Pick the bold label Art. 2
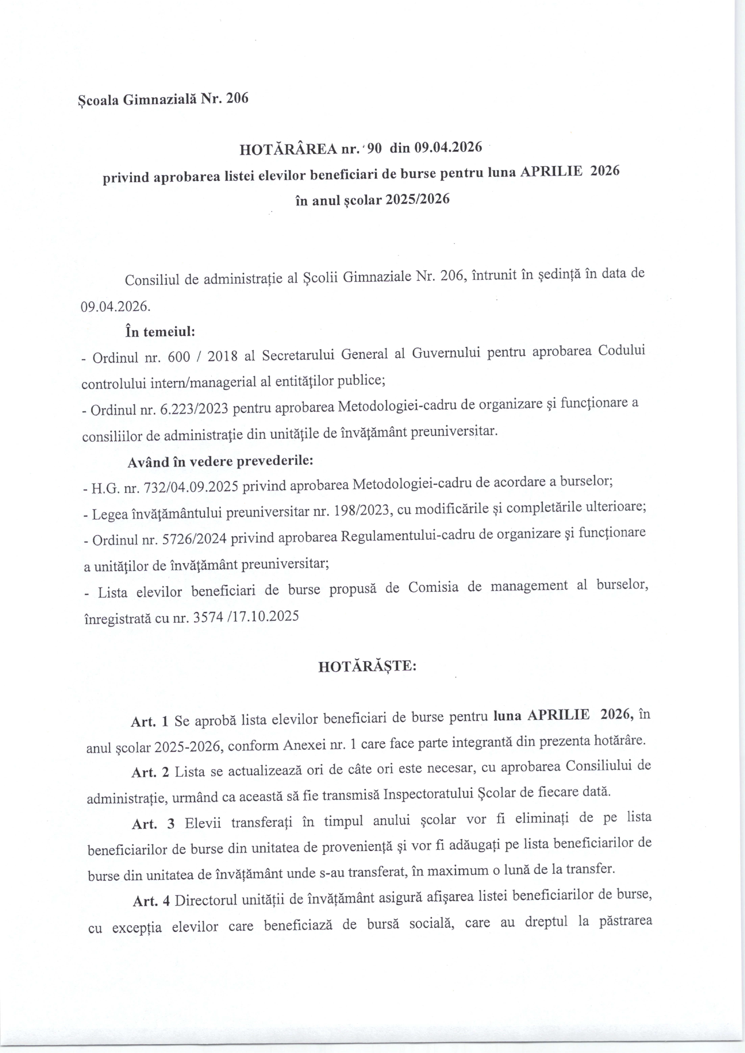(150, 772)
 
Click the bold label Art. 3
(153, 824)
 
